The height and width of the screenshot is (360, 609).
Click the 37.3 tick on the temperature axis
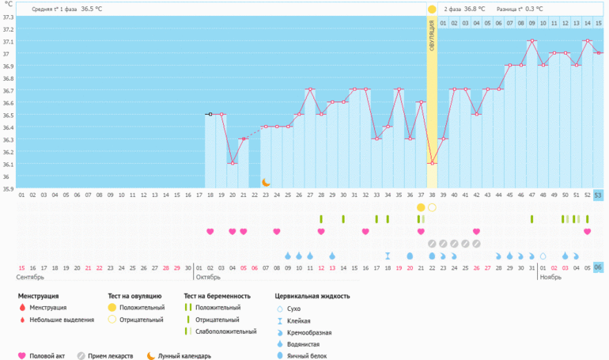coord(8,17)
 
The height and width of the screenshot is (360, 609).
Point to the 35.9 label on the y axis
coord(8,188)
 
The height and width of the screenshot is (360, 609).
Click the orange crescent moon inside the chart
coord(266,183)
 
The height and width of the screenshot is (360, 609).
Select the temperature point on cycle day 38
coord(432,163)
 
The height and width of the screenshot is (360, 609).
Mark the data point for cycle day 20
coord(232,163)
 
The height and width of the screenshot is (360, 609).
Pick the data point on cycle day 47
coord(532,41)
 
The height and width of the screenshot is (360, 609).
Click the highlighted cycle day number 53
coord(598,195)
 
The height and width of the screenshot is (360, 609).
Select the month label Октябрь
coord(209,278)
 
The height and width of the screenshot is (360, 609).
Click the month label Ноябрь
coord(550,278)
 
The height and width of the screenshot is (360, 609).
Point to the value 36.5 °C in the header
coord(92,9)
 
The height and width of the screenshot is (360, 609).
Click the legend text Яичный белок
coord(311,355)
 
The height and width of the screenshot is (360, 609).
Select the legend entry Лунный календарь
coord(184,355)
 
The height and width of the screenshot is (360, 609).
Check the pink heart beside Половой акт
coord(21,355)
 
